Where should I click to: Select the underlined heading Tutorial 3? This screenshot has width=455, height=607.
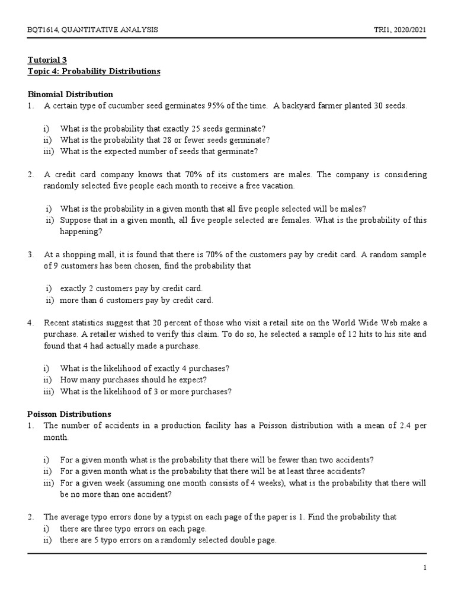point(48,60)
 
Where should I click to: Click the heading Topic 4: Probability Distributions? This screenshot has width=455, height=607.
point(95,71)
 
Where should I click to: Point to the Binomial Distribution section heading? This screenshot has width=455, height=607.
point(71,94)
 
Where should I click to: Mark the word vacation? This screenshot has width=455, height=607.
point(278,186)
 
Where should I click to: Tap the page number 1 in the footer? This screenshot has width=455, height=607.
point(425,568)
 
